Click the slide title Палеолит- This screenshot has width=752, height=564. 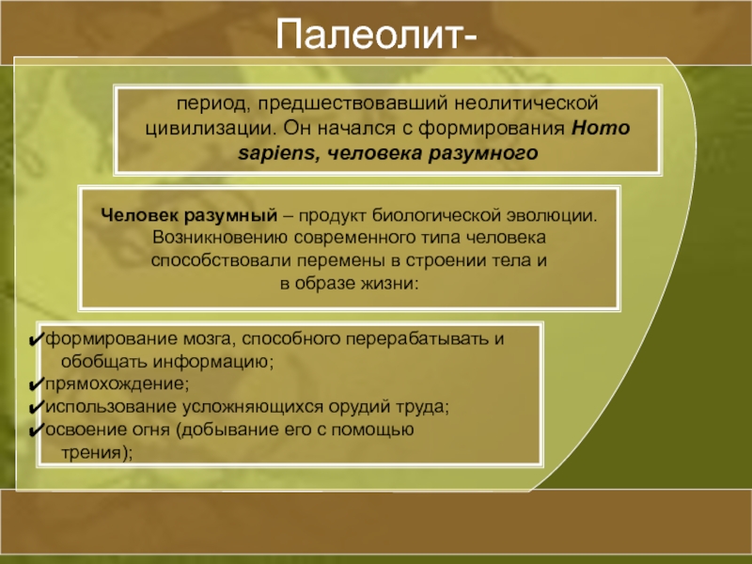coord(376,34)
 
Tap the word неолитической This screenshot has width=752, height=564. coord(526,103)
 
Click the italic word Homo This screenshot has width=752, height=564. coord(601,128)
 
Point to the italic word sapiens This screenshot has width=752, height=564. coord(276,153)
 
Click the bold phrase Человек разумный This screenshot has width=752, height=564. coord(190,215)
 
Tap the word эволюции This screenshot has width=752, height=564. coord(552,215)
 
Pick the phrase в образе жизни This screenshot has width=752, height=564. coord(348,284)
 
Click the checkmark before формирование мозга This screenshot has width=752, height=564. coord(37,339)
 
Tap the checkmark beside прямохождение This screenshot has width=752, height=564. coord(37,384)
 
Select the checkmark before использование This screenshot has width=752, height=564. coord(37,407)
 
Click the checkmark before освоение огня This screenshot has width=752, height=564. coord(37,430)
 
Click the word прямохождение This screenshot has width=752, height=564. coord(115,384)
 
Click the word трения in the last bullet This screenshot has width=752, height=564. coord(91,453)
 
